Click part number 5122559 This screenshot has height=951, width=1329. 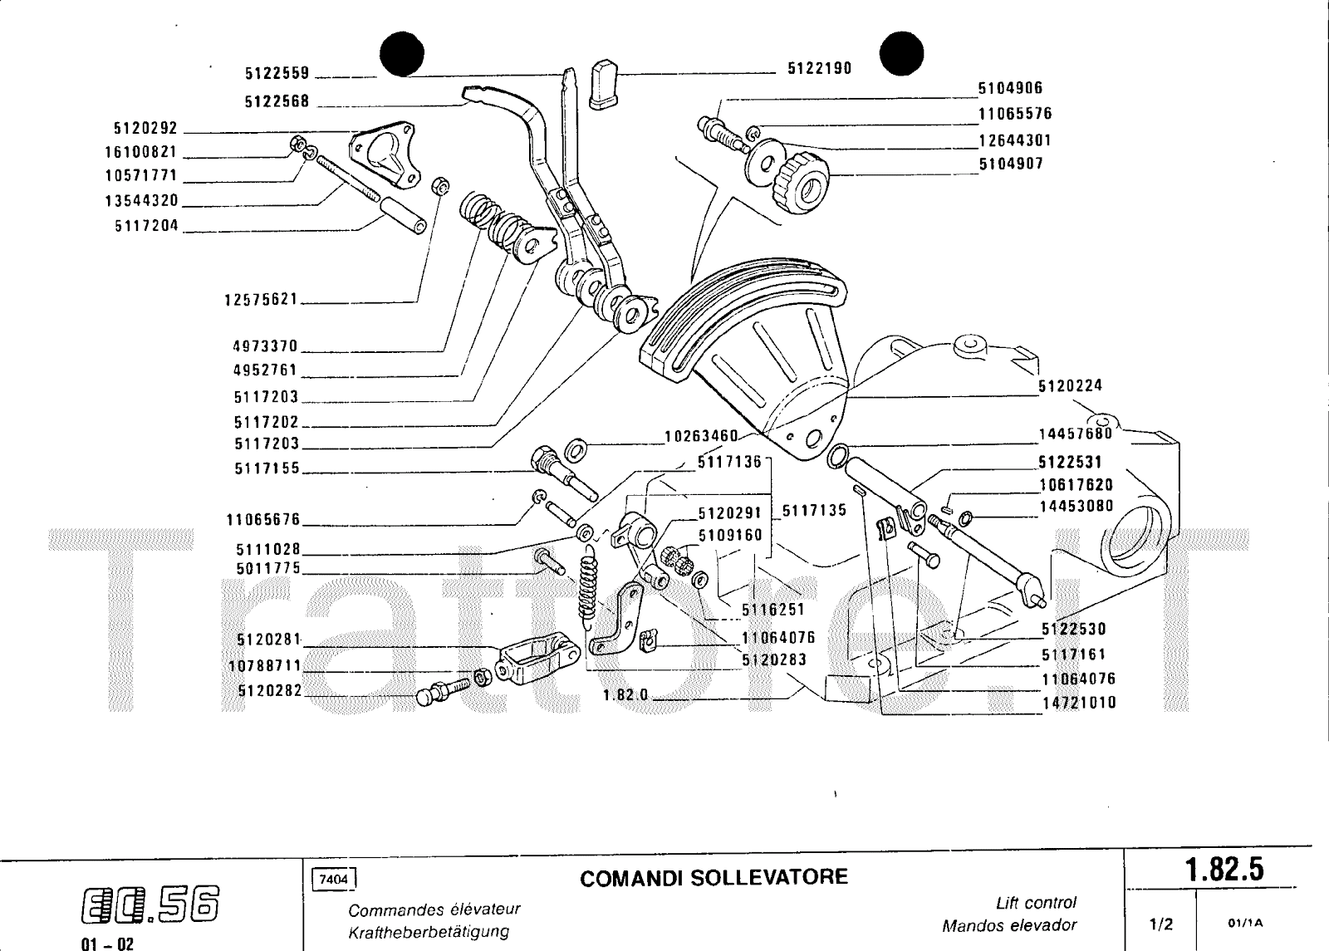(x=277, y=73)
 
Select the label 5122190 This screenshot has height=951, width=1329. (x=819, y=69)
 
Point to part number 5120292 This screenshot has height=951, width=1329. (x=145, y=129)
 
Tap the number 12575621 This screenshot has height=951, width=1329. (x=260, y=299)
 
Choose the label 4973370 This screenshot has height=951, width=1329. (x=265, y=346)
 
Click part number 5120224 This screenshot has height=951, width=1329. (x=1070, y=385)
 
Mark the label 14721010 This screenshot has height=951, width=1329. (x=1079, y=703)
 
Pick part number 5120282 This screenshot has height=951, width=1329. (x=269, y=691)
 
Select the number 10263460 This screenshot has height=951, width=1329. (x=701, y=436)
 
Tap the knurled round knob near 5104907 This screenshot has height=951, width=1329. (x=802, y=182)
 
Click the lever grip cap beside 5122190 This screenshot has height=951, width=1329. (x=603, y=84)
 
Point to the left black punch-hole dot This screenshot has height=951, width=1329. (x=402, y=54)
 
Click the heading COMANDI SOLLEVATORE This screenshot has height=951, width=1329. (x=714, y=877)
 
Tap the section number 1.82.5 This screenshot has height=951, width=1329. (x=1224, y=870)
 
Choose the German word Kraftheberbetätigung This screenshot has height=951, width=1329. (x=428, y=932)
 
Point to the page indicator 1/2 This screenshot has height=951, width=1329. (x=1160, y=923)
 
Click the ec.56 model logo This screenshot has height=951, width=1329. (x=151, y=904)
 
